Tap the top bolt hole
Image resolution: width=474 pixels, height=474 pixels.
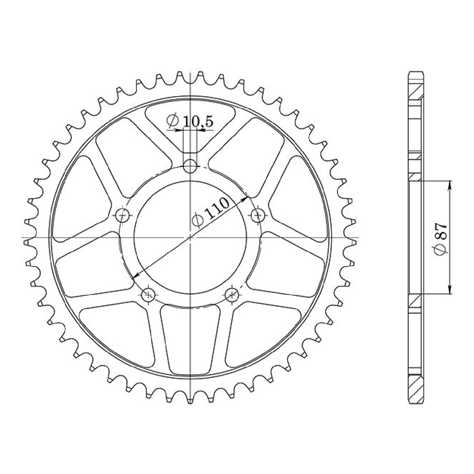pos(190,166)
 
